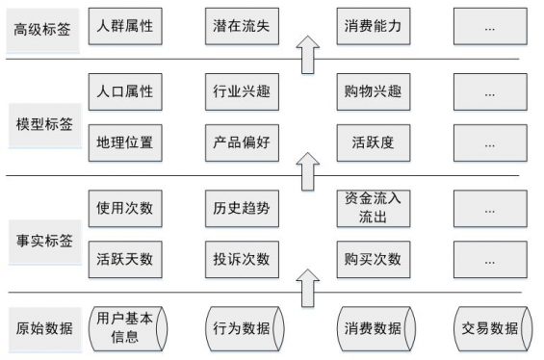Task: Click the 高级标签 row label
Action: pos(42,29)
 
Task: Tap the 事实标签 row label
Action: pos(42,235)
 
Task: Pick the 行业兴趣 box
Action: pos(242,93)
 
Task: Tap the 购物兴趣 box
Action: pos(373,93)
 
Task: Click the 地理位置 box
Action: pos(124,143)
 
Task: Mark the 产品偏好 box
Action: pos(242,143)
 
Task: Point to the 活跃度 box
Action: pos(373,143)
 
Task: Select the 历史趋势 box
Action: pos(242,208)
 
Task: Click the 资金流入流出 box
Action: pos(373,208)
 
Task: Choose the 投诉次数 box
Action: pos(242,259)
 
